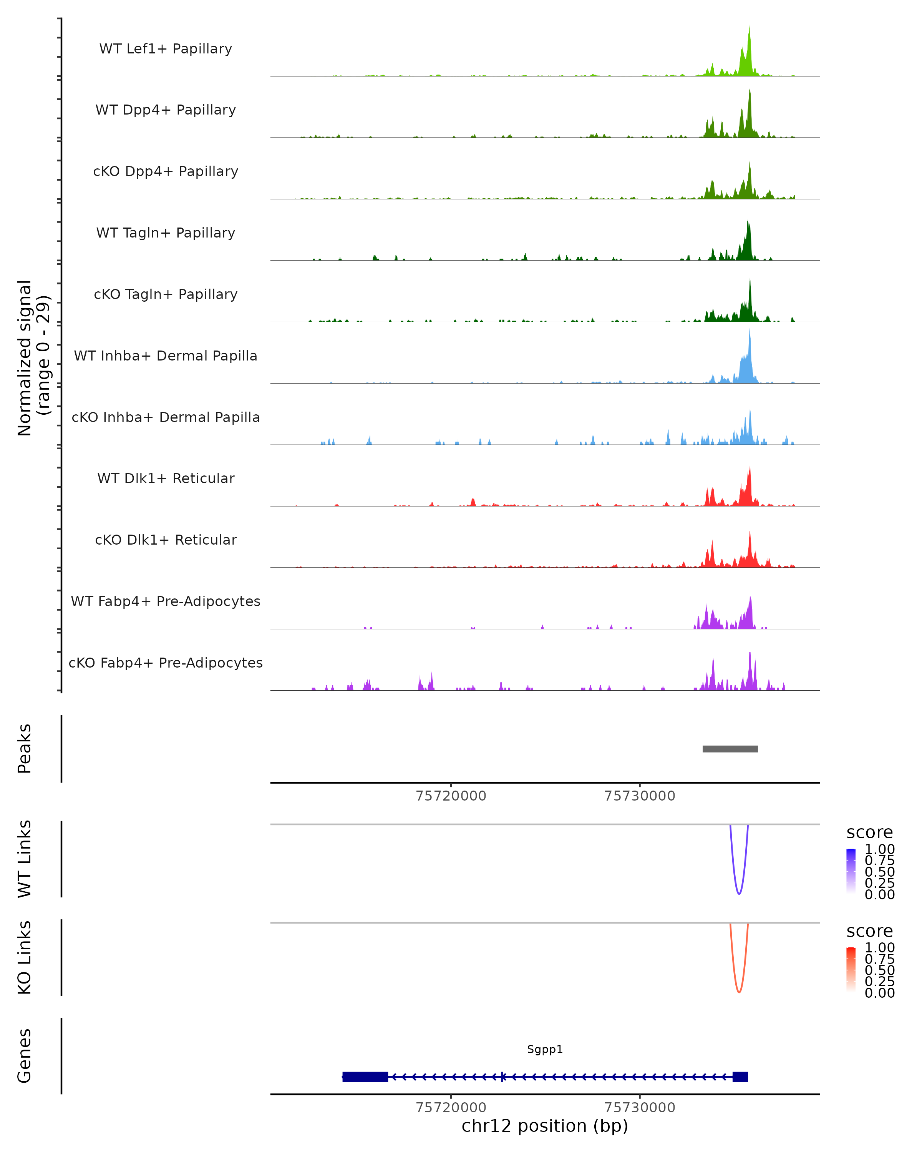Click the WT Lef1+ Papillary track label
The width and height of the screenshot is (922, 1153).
[x=166, y=49]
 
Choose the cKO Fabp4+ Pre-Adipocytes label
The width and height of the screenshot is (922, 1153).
[x=166, y=663]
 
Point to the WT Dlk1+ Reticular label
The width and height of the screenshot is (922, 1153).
[x=166, y=478]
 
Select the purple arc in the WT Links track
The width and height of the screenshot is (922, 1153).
[x=739, y=893]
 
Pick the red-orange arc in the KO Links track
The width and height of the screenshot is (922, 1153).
[x=739, y=992]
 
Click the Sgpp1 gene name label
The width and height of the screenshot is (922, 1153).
[x=545, y=1049]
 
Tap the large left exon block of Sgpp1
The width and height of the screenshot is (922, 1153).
[x=365, y=1077]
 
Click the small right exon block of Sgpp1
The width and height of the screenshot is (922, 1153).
[x=740, y=1077]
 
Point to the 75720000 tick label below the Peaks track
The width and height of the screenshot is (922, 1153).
[x=451, y=796]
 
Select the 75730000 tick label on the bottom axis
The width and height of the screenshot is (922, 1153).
[x=639, y=1108]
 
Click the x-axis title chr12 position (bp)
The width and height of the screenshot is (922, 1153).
[x=545, y=1126]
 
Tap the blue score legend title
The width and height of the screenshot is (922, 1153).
[x=869, y=832]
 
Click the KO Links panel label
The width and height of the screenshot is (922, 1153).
[x=25, y=958]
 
